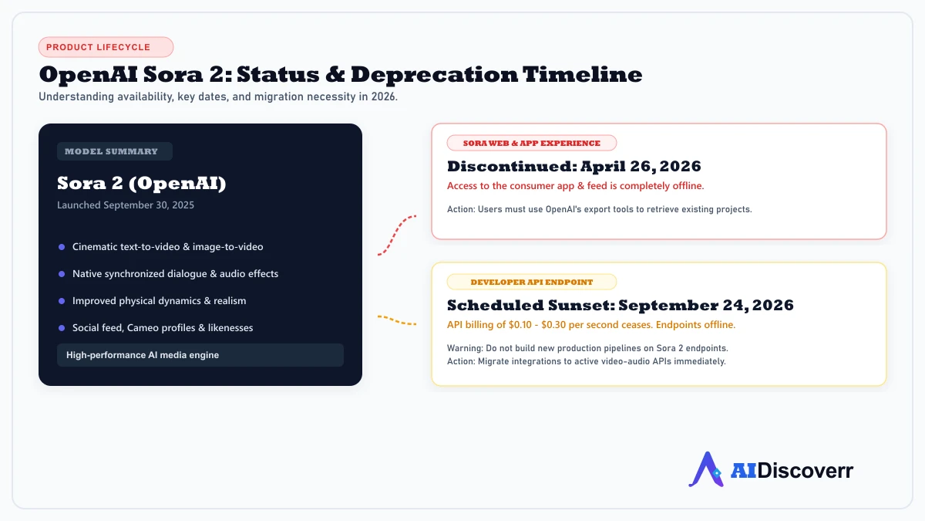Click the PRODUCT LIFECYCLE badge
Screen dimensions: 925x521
pos(106,47)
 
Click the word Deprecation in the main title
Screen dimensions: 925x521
pos(434,74)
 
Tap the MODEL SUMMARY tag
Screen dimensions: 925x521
pos(114,151)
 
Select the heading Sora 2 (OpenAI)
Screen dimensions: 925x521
pos(142,183)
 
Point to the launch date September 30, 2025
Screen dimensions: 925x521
pos(149,205)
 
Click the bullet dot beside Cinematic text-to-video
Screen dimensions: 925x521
pos(62,247)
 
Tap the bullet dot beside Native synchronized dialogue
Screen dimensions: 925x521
pos(62,274)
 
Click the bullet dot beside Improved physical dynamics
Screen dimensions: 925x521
pos(62,301)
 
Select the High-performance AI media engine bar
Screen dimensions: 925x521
pos(200,355)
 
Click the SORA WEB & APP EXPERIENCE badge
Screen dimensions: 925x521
pos(531,143)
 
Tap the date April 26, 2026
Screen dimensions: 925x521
pos(641,166)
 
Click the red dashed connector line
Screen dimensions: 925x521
pos(395,234)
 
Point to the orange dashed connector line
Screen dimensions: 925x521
pos(396,320)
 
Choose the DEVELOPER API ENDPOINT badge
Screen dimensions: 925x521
pos(531,282)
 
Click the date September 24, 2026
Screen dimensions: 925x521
pos(706,305)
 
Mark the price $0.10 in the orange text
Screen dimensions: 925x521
pos(520,325)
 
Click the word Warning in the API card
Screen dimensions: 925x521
pos(465,348)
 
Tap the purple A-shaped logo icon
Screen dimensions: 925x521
pos(707,469)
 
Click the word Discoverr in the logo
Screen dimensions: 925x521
pos(805,471)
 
